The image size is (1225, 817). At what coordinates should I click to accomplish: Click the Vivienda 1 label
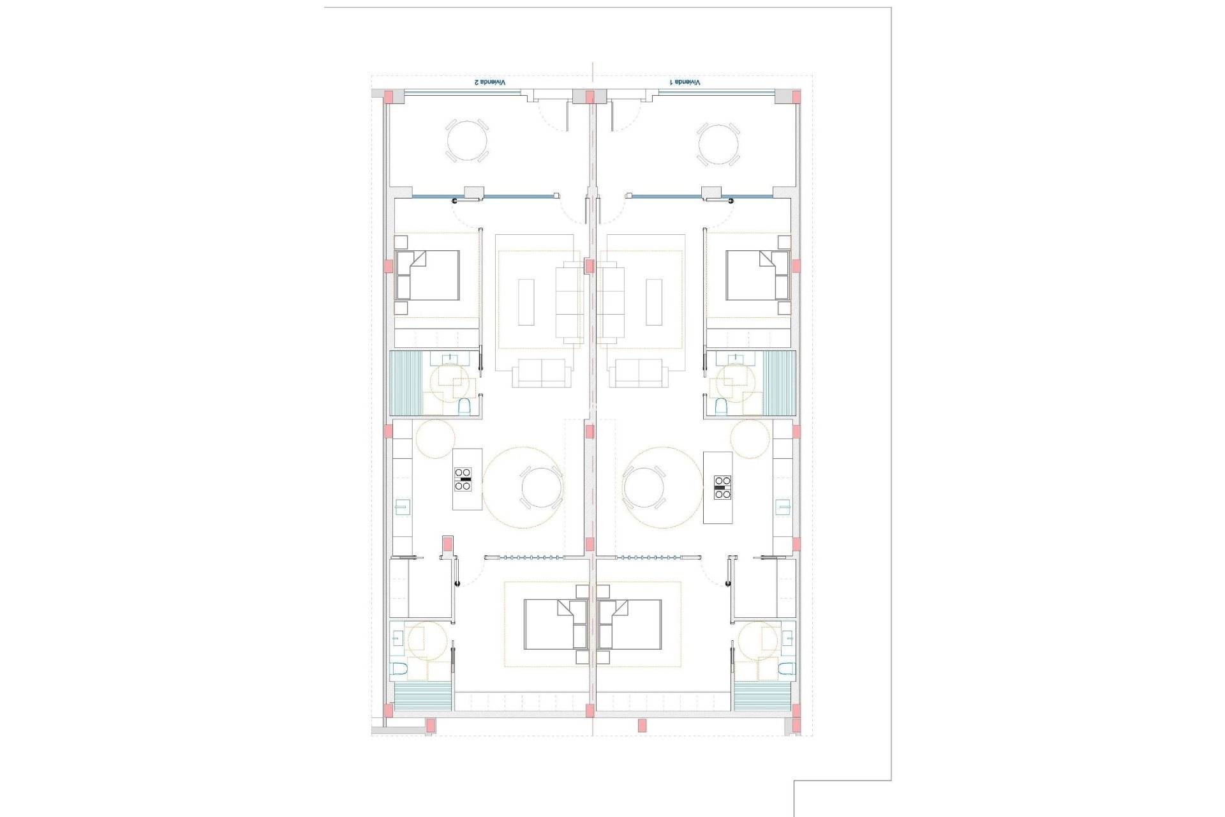pyautogui.click(x=685, y=82)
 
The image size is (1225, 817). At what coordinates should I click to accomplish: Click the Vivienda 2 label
pyautogui.click(x=489, y=82)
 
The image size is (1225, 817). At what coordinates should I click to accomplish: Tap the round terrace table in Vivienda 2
pyautogui.click(x=466, y=141)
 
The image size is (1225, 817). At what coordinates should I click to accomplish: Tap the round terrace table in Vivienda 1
pyautogui.click(x=718, y=144)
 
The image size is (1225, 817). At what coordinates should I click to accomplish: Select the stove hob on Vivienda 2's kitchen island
pyautogui.click(x=463, y=479)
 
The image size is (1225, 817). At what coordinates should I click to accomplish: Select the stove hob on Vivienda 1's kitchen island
pyautogui.click(x=722, y=487)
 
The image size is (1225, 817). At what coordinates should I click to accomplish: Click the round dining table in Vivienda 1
pyautogui.click(x=644, y=488)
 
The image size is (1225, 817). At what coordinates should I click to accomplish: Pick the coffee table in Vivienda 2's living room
pyautogui.click(x=526, y=302)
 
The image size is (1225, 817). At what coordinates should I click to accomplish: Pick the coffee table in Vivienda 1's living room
pyautogui.click(x=654, y=302)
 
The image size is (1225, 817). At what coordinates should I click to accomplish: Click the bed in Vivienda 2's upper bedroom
pyautogui.click(x=428, y=275)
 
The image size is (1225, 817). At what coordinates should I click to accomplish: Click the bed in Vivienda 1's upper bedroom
pyautogui.click(x=757, y=275)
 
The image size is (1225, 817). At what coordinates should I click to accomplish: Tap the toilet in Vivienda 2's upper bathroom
pyautogui.click(x=464, y=407)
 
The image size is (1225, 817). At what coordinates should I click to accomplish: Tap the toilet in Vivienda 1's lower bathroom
pyautogui.click(x=787, y=669)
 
